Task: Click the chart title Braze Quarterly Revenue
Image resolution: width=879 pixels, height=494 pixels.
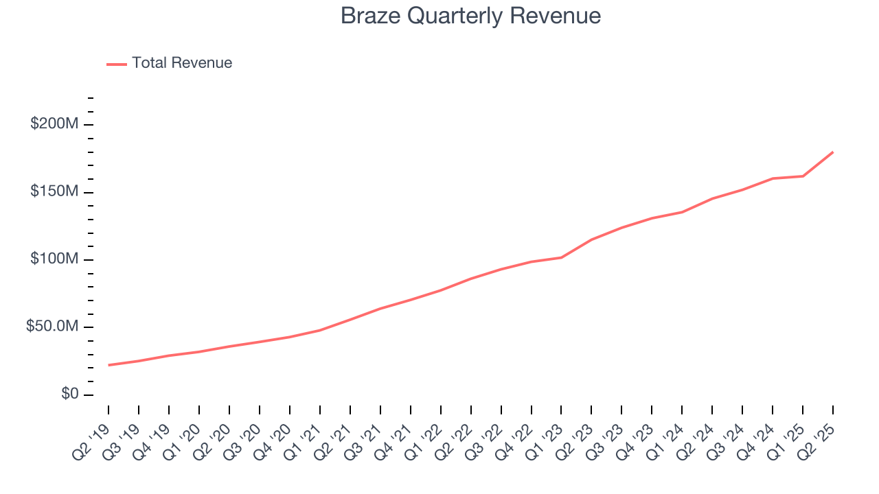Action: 470,16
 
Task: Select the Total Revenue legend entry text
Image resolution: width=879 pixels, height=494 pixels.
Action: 182,63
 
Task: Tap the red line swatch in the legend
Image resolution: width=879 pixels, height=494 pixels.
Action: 117,64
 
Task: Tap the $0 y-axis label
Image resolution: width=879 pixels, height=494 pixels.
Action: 70,395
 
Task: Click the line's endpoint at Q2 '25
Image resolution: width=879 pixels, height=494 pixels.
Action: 833,152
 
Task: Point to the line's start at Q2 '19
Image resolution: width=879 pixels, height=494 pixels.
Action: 109,365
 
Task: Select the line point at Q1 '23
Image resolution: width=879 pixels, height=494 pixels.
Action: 562,257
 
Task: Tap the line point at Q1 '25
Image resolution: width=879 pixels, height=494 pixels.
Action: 803,176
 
